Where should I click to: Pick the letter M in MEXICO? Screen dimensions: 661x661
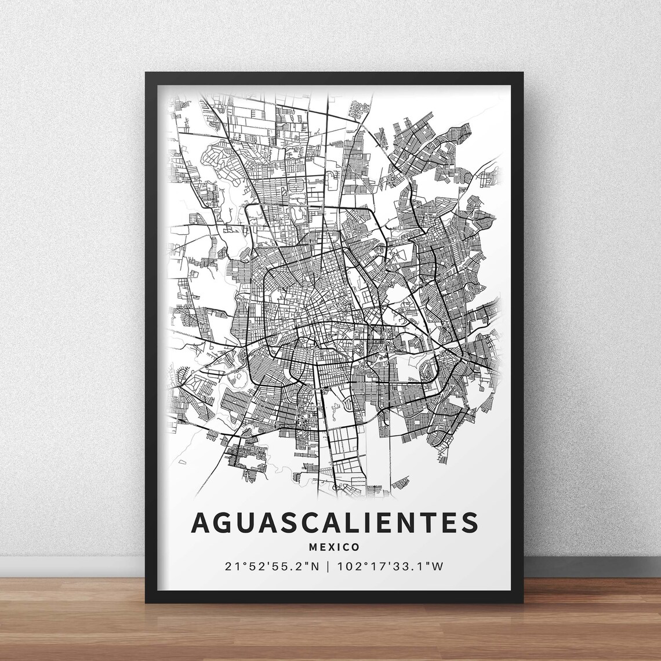point(315,547)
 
